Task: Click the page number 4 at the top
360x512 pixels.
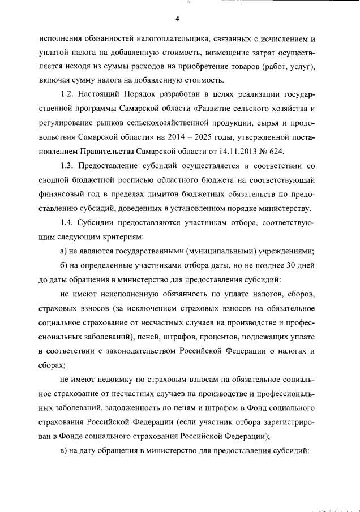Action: (x=177, y=19)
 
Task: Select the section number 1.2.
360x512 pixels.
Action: (x=68, y=93)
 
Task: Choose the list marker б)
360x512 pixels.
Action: (x=64, y=265)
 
